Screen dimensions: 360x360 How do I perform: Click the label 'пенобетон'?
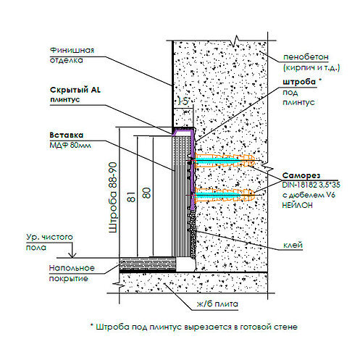coord(306,57)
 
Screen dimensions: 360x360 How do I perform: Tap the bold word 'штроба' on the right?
coord(299,82)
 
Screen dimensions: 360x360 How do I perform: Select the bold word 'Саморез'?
coord(301,175)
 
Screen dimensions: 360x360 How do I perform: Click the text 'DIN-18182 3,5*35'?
coord(311,185)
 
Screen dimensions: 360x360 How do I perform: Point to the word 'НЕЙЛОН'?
coord(297,205)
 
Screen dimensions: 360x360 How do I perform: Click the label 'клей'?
coord(293,245)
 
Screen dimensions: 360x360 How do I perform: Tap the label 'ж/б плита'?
coord(217,304)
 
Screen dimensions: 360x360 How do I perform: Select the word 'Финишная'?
coord(72,50)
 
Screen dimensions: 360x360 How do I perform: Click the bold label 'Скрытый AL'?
coord(75,90)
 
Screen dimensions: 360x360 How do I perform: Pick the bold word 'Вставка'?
coord(67,135)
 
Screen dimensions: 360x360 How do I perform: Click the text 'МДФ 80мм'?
coord(70,145)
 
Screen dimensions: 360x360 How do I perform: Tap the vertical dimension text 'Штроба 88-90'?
coord(113,198)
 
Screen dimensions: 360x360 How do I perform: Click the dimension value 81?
coord(131,197)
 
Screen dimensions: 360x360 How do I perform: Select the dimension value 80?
coord(146,193)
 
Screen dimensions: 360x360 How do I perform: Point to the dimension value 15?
coord(183,101)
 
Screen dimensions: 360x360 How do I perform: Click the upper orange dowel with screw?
coord(225,160)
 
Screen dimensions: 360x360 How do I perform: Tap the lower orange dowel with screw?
coord(224,195)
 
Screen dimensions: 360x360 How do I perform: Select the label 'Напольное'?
coord(72,268)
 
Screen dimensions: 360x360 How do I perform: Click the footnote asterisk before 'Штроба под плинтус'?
coord(92,325)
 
